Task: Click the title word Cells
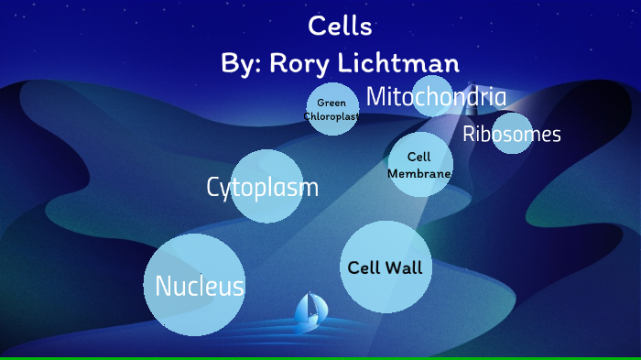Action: coord(340,27)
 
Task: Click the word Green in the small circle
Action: coord(331,103)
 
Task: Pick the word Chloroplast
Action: coord(331,116)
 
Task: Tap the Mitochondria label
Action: coord(435,96)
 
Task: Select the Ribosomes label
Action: coord(511,135)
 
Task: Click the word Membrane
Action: coord(419,173)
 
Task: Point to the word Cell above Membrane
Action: coord(419,158)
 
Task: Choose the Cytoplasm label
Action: coord(263,188)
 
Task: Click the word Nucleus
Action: coord(199,287)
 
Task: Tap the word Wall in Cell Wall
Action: coord(404,268)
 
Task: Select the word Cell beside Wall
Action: coord(364,268)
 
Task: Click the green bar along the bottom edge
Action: coord(320,357)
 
